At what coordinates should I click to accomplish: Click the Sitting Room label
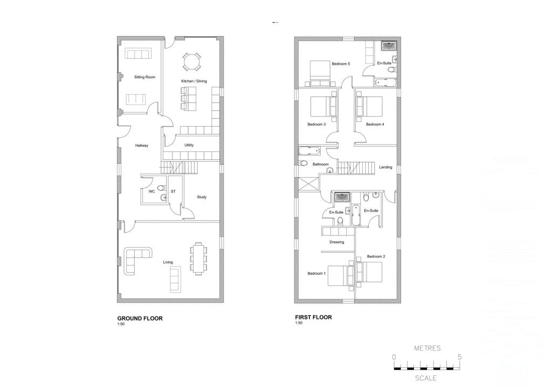point(144,77)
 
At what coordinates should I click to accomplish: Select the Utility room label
point(189,145)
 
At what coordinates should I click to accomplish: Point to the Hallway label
point(142,145)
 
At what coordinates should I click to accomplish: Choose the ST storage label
point(173,191)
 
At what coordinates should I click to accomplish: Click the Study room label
point(202,197)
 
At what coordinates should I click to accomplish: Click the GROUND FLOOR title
point(140,318)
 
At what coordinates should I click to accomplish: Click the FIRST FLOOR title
point(313,317)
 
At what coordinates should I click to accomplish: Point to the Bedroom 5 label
point(341,64)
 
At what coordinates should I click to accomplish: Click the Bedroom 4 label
point(375,124)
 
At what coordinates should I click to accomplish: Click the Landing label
point(385,167)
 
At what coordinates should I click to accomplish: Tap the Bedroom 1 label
point(316,274)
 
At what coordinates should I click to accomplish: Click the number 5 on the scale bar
point(459,357)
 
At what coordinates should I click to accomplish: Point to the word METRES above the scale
point(427,348)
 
